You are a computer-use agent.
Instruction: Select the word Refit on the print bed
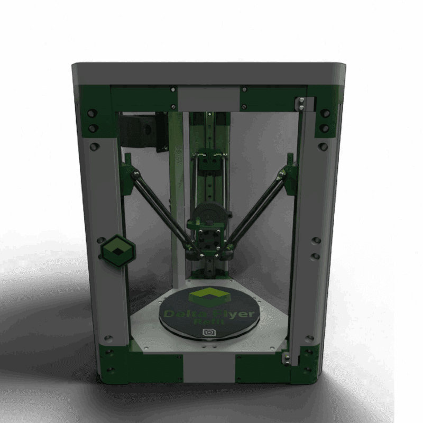tap(207, 322)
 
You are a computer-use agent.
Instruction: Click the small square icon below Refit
tap(207, 333)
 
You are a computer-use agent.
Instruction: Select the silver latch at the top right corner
tap(301, 104)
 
